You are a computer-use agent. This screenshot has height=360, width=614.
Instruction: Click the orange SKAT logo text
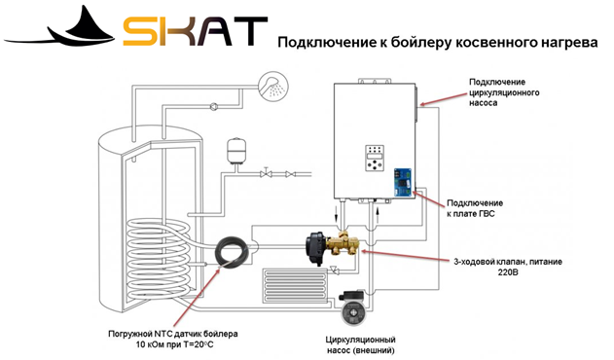pyautogui.click(x=195, y=31)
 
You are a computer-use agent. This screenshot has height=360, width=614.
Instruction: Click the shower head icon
pyautogui.click(x=273, y=86)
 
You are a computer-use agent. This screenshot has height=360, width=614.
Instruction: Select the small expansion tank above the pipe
pyautogui.click(x=235, y=151)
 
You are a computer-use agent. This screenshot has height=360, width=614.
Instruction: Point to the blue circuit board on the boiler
pyautogui.click(x=404, y=182)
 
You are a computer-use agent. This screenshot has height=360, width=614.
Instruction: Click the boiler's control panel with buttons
pyautogui.click(x=375, y=158)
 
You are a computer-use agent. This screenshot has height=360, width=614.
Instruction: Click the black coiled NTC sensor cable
pyautogui.click(x=233, y=251)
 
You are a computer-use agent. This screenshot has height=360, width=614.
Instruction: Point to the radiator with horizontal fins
pyautogui.click(x=295, y=286)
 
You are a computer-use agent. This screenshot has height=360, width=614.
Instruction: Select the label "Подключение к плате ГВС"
pyautogui.click(x=475, y=208)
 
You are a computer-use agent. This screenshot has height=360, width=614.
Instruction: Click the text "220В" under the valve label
pyautogui.click(x=508, y=271)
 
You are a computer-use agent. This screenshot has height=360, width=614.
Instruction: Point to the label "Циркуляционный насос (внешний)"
pyautogui.click(x=360, y=344)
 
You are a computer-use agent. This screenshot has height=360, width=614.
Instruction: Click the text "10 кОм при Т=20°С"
pyautogui.click(x=174, y=344)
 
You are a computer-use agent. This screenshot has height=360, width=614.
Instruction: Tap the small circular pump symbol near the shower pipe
pyautogui.click(x=214, y=106)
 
